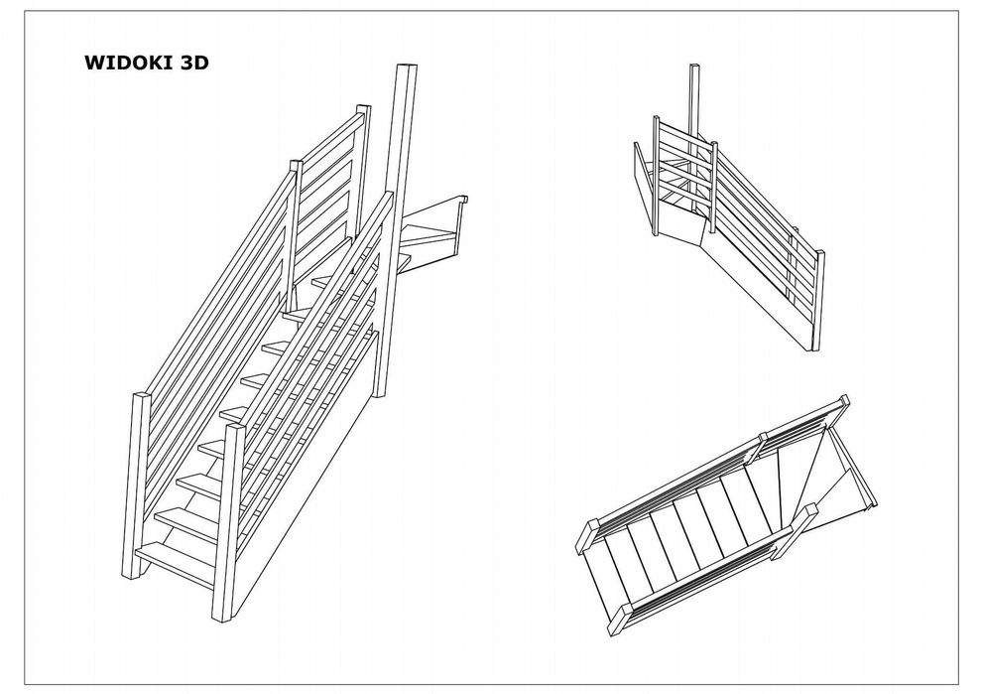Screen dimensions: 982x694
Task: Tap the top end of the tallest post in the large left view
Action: pyautogui.click(x=407, y=66)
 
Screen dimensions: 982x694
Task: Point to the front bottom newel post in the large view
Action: pyautogui.click(x=227, y=523)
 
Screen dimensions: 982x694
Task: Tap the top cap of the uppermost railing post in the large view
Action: pyautogui.click(x=363, y=109)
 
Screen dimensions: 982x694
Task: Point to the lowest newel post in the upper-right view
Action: pyautogui.click(x=818, y=301)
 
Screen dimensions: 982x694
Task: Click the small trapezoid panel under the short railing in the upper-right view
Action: pyautogui.click(x=679, y=222)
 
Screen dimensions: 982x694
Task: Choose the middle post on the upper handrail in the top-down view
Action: pyautogui.click(x=764, y=438)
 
